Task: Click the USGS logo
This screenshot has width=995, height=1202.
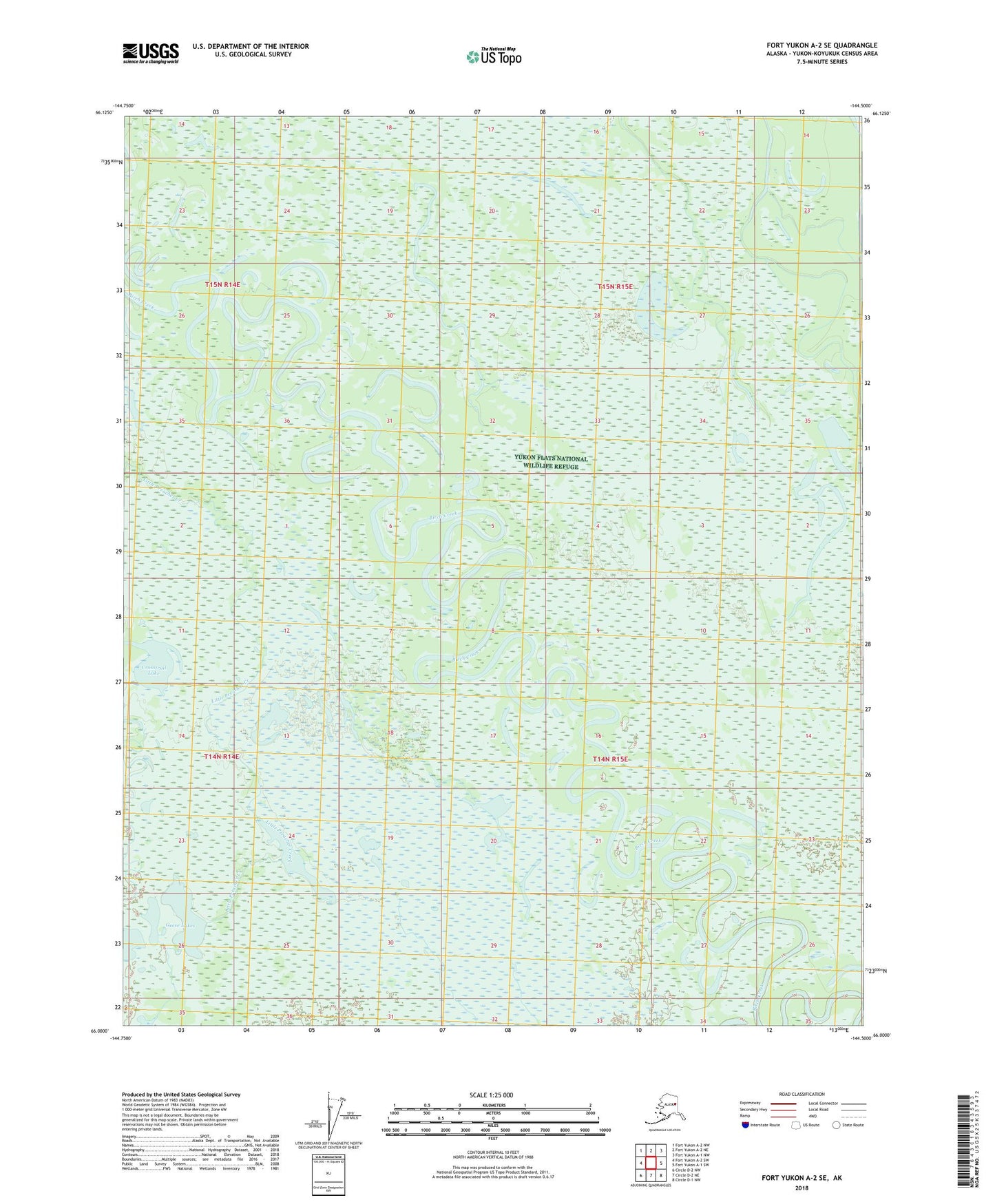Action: tap(151, 53)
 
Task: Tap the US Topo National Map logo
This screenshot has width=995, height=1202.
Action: tap(493, 56)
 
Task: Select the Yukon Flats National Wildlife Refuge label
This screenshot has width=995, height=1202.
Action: tap(551, 463)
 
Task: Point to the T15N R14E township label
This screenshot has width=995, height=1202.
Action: tap(222, 284)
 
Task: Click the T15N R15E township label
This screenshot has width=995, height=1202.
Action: tap(614, 286)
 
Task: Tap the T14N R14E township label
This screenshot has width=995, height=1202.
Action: tap(221, 757)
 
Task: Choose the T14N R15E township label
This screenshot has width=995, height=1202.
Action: tap(610, 759)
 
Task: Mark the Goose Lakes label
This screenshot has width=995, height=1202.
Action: tap(180, 926)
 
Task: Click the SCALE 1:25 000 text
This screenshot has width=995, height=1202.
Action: tap(492, 1095)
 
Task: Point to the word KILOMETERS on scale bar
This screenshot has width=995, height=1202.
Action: tap(492, 1106)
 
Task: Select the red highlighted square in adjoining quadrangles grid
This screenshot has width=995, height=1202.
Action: tap(651, 1163)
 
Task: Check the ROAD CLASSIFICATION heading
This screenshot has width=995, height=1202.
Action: tap(802, 1094)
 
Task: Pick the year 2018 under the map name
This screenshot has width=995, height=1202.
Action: tap(801, 1188)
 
